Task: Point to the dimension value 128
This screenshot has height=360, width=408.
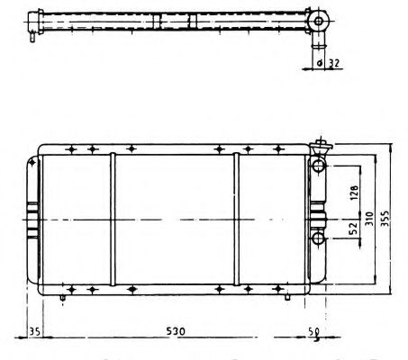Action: pos(354,191)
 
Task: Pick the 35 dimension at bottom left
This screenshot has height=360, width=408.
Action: pos(35,331)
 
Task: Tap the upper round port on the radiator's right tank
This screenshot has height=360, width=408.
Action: pos(319,166)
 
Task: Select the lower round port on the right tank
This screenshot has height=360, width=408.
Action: pos(319,238)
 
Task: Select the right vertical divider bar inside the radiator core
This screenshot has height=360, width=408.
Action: pos(237,220)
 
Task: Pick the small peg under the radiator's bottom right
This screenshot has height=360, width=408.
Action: pos(284,297)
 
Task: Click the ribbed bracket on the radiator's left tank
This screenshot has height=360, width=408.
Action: pos(33,220)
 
